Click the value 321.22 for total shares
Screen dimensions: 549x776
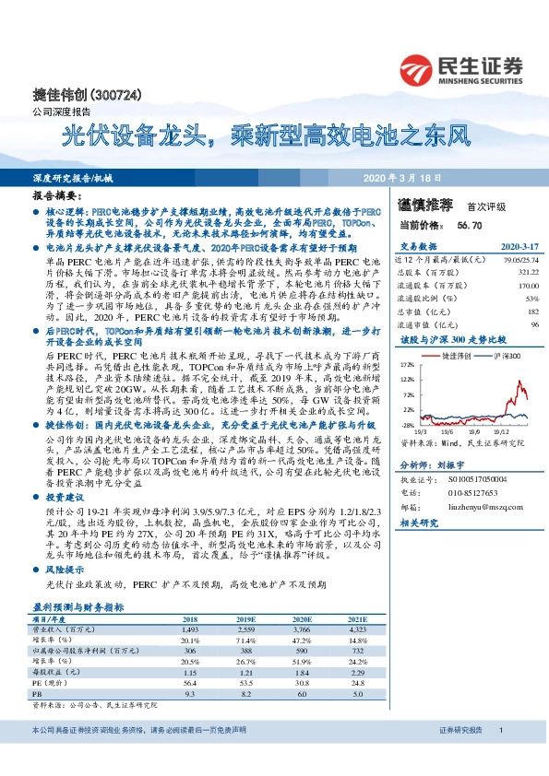[525, 272]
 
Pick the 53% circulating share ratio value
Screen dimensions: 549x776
[532, 299]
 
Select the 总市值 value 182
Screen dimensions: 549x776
[531, 312]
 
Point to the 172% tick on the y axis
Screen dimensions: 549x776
[408, 365]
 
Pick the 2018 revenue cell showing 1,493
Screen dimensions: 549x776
[190, 628]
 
